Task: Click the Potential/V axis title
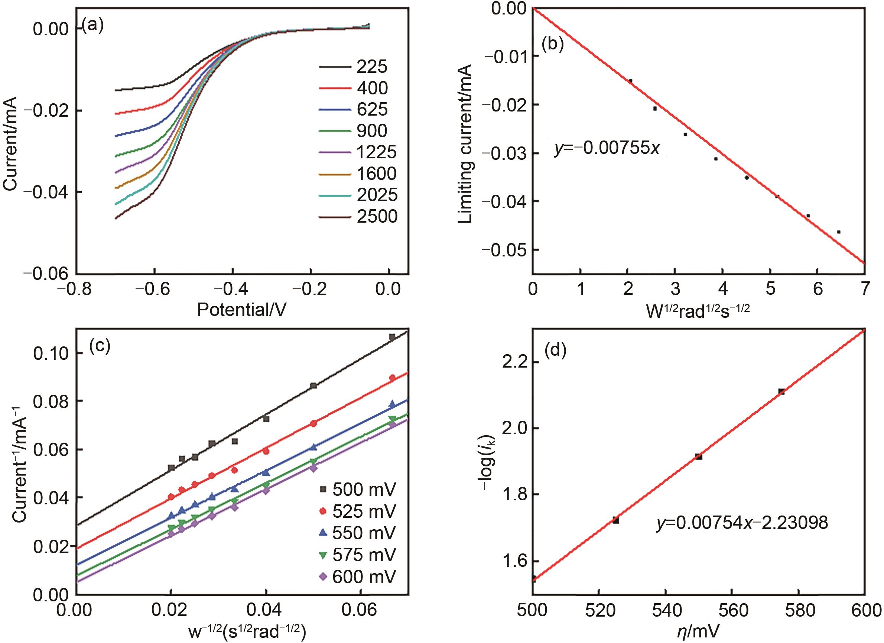click(242, 310)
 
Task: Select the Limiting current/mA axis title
click(465, 144)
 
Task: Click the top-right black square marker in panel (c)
click(392, 337)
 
